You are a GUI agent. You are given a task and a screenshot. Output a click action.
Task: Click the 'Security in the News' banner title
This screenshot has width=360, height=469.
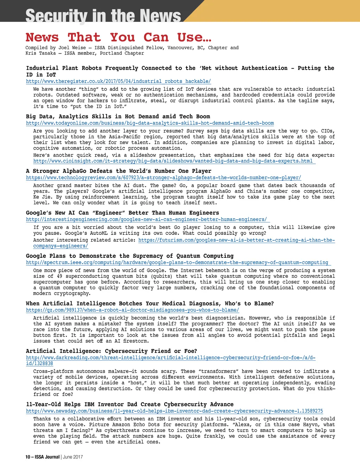103,15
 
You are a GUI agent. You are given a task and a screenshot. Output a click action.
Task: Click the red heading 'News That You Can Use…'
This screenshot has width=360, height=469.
118,37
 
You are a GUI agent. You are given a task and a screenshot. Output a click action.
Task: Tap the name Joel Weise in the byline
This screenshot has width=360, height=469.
72,48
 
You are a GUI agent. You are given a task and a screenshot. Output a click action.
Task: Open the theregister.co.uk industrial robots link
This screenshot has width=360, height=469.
118,81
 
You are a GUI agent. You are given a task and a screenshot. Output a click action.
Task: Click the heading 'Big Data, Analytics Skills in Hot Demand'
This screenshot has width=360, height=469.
118,116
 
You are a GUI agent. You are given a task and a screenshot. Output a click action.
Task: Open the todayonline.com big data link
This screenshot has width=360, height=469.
150,123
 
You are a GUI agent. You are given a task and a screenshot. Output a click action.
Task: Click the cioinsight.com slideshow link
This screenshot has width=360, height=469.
173,161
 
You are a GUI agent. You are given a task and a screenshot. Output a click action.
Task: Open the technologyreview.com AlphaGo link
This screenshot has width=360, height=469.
163,178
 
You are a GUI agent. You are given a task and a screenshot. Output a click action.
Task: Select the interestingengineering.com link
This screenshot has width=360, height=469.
146,219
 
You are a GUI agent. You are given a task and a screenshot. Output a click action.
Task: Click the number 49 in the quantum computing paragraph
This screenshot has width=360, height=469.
59,276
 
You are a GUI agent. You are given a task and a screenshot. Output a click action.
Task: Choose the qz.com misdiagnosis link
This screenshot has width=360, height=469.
133,310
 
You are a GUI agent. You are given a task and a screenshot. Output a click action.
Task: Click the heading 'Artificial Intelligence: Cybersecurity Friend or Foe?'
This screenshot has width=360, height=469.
111,351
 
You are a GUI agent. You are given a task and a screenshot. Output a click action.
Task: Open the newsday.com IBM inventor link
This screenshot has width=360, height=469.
174,411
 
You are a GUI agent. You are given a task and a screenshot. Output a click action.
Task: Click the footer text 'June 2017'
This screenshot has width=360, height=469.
73,457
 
